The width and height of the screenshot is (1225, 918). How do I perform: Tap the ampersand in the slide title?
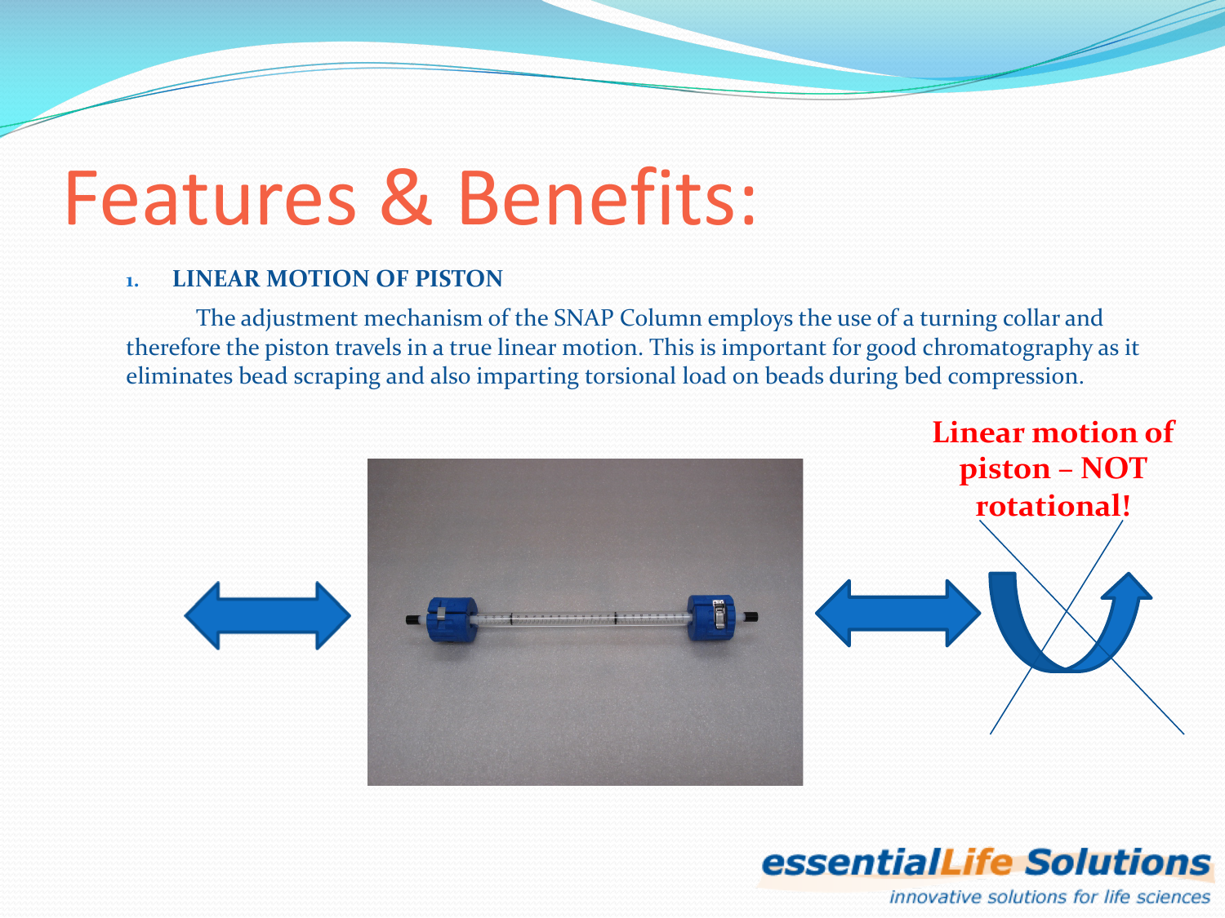coord(406,198)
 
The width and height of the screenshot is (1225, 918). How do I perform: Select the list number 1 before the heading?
coord(131,282)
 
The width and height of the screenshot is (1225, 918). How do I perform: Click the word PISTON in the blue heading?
coord(458,279)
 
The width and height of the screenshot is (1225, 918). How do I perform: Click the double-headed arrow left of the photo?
coord(267,615)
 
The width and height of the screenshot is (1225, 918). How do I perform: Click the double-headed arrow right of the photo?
coord(898,613)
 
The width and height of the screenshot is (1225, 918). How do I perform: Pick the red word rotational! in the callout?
coord(1053,506)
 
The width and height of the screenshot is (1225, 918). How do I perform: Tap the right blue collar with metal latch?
coord(710,618)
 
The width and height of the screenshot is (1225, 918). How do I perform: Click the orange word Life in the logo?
coord(977,863)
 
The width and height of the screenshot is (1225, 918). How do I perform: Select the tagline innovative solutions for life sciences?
coord(1049,897)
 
